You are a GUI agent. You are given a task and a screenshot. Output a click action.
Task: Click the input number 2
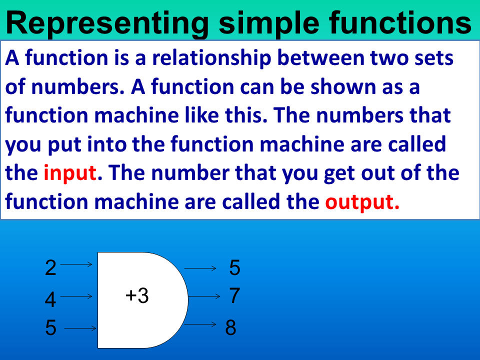(50, 268)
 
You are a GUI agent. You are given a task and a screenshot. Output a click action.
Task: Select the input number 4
(50, 300)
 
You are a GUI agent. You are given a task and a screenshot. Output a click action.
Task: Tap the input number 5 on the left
(50, 328)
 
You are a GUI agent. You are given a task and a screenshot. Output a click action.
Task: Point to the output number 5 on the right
(235, 268)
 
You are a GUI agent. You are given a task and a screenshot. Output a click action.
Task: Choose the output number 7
(235, 295)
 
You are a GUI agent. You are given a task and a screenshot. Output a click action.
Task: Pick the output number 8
(230, 328)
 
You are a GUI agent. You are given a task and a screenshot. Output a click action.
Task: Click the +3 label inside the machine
(137, 296)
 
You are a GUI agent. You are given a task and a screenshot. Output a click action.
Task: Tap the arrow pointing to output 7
(204, 296)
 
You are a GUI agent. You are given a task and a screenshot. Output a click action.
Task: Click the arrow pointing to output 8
(200, 324)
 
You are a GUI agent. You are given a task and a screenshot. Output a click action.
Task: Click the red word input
(69, 173)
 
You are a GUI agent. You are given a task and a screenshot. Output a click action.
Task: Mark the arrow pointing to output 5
(200, 268)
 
